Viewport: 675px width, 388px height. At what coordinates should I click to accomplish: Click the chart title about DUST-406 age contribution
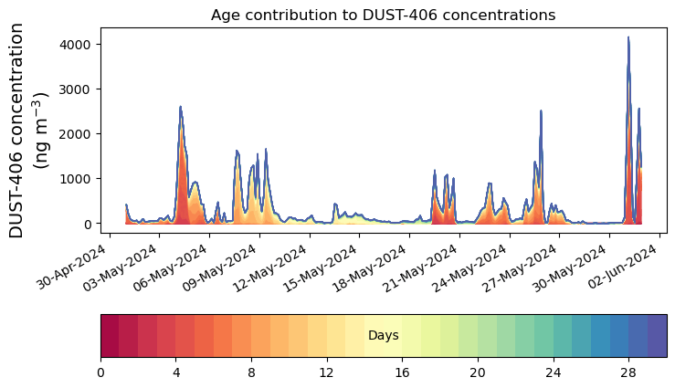[x=383, y=15]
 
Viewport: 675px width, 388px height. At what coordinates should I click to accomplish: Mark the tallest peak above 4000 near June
[x=628, y=38]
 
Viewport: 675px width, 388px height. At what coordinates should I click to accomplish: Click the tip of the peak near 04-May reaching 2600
[x=180, y=107]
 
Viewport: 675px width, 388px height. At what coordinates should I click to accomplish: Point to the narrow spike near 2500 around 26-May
[x=541, y=111]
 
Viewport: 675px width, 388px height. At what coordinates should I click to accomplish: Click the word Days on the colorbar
[x=383, y=336]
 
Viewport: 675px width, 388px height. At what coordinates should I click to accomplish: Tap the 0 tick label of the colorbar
[x=100, y=372]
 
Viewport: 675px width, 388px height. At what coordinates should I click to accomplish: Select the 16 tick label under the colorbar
[x=402, y=372]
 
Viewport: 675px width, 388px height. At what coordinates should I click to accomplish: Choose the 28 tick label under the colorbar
[x=628, y=372]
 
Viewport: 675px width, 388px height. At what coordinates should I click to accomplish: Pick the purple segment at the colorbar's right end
[x=657, y=336]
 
